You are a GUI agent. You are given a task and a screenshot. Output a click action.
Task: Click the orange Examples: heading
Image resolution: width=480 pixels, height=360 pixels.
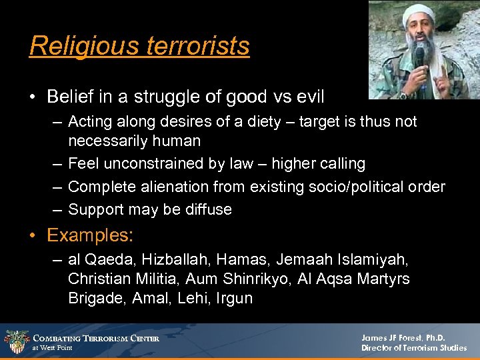(90, 235)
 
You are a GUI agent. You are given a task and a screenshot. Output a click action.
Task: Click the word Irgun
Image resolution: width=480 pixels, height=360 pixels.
(234, 298)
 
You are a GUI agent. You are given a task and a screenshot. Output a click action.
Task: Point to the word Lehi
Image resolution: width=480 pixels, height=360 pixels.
(193, 298)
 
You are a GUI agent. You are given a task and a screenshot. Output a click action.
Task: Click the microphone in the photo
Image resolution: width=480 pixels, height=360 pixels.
(419, 57)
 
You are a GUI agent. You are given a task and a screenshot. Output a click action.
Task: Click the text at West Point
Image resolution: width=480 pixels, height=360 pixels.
(53, 348)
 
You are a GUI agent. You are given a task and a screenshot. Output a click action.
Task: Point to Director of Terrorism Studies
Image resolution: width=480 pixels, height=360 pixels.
(414, 348)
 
